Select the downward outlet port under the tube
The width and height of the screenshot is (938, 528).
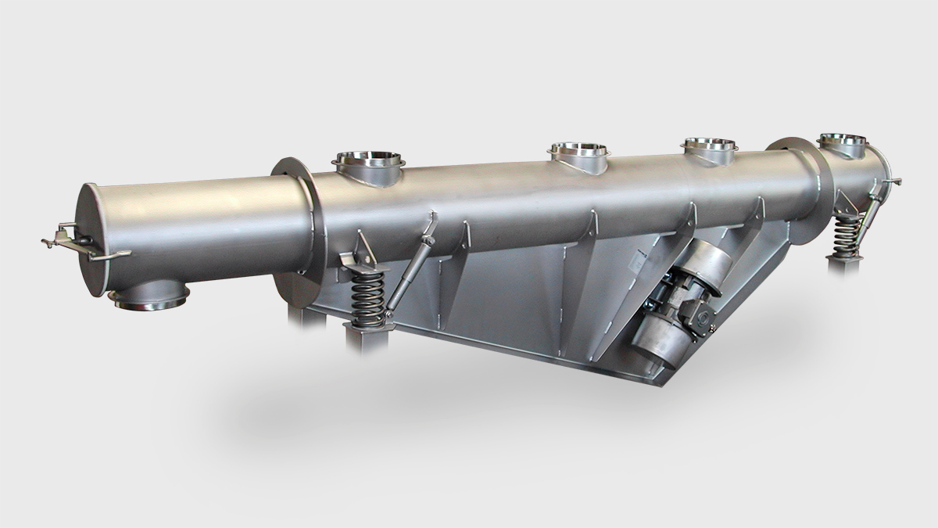point(149,296)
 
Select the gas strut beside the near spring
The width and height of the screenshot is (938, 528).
point(410,266)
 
